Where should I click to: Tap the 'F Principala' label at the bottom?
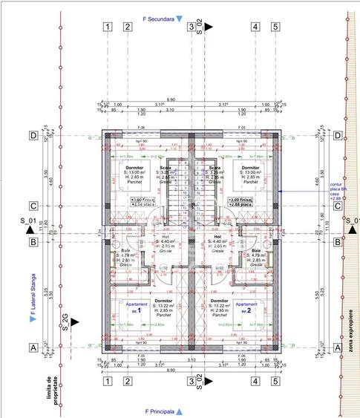click(x=162, y=411)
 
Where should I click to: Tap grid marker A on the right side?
click(x=338, y=347)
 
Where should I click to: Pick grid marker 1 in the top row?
click(x=108, y=27)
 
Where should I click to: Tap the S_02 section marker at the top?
click(x=200, y=27)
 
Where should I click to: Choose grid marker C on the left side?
click(x=33, y=206)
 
